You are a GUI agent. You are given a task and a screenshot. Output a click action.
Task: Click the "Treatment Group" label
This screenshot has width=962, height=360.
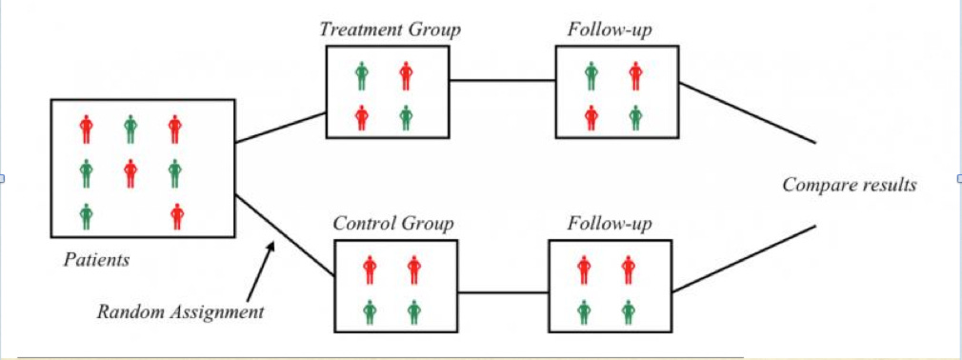pos(390,30)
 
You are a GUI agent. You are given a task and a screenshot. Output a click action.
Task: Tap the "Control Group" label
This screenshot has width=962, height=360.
pos(392,224)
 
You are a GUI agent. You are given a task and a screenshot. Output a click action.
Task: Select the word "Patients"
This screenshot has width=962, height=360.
pos(96,258)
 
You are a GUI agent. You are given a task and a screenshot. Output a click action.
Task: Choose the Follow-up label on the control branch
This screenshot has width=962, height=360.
pos(610,224)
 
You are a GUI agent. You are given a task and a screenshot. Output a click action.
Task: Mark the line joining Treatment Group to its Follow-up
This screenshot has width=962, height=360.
pos(503,81)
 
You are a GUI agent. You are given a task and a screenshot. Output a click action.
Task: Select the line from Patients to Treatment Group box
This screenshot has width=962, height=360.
pos(280,128)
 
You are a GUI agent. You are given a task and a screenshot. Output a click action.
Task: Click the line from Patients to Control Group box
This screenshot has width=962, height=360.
pos(284,233)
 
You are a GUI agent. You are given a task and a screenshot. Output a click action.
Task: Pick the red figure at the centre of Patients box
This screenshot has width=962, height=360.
pos(130,172)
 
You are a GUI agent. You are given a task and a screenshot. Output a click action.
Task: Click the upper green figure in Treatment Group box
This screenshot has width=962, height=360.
pos(362,74)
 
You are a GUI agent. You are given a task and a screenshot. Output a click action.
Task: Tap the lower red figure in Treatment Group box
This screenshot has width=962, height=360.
pos(362,116)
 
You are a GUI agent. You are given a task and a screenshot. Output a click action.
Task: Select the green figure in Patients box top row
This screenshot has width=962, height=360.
pos(130,128)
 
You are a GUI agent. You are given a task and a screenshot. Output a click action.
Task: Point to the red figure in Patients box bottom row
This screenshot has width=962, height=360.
pos(176,216)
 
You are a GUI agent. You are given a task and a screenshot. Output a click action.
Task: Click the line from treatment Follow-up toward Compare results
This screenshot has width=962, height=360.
pos(747,111)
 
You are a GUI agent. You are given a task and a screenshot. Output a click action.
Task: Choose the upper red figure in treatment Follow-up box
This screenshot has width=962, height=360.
pos(635,74)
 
